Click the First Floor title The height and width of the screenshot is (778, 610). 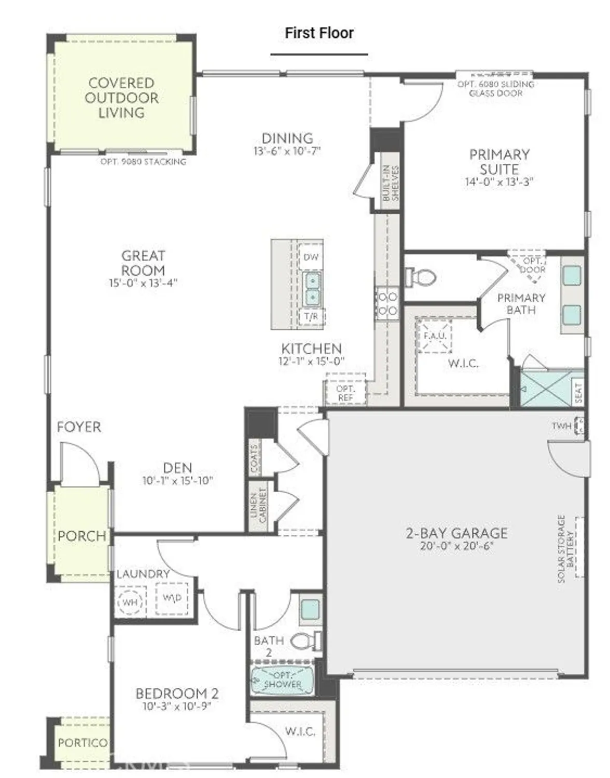tap(319, 33)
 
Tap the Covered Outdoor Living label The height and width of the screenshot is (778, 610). tap(122, 98)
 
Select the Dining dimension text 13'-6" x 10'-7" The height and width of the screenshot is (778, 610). tap(287, 151)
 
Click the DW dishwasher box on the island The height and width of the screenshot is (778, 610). tap(311, 257)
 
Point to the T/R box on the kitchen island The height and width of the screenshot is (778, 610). tap(311, 316)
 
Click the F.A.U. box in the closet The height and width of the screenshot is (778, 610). tap(434, 336)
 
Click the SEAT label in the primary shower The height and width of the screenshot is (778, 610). tap(578, 393)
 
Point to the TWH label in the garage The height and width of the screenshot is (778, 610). tap(561, 426)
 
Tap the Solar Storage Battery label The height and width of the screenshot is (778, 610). tap(566, 548)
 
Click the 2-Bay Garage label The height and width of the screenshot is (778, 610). tap(456, 533)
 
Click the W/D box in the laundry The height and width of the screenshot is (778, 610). tap(172, 598)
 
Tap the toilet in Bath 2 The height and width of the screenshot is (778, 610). tap(306, 641)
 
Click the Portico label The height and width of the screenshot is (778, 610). tap(82, 743)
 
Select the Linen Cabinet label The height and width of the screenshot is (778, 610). tap(258, 505)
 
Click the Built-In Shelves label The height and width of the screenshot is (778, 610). tap(391, 183)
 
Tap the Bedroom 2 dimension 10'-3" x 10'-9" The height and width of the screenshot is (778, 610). tap(177, 706)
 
